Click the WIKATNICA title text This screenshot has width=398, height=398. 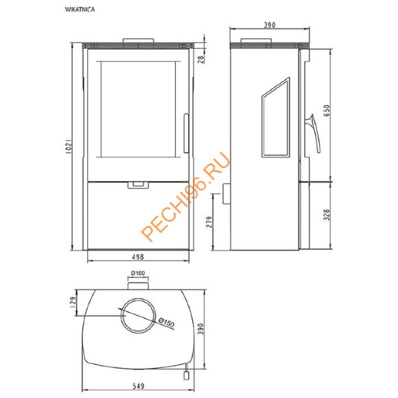click(80, 10)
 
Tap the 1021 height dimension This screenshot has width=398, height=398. click(69, 146)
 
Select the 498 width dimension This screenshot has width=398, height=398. click(138, 257)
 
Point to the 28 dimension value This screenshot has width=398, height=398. click(201, 59)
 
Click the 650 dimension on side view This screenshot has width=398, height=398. click(327, 110)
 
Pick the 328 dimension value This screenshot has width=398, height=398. click(327, 215)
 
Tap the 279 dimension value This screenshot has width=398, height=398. click(210, 222)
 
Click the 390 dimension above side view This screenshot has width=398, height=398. click(269, 25)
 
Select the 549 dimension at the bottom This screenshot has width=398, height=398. click(139, 386)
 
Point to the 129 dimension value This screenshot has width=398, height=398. click(73, 303)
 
